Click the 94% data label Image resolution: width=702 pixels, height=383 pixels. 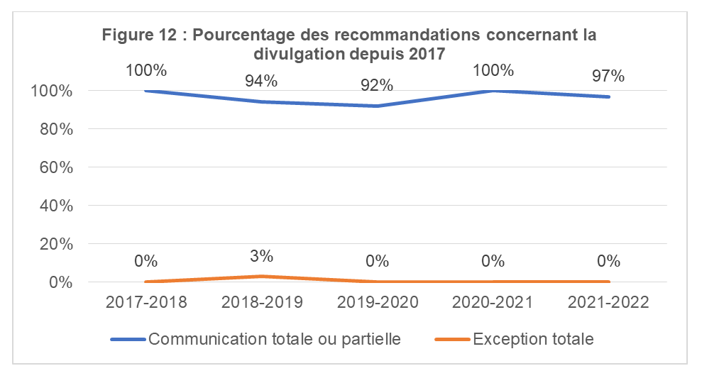[x=261, y=81]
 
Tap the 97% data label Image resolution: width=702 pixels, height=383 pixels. [x=608, y=75]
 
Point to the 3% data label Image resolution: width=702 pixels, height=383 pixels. [x=261, y=256]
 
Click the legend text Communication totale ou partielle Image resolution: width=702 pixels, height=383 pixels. [x=275, y=339]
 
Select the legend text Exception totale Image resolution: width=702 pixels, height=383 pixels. [x=533, y=339]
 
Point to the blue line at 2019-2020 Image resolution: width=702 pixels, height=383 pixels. [x=377, y=106]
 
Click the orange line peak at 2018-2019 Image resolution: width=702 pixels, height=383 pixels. [x=262, y=277]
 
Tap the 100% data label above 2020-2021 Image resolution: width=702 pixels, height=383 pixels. [x=493, y=70]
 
